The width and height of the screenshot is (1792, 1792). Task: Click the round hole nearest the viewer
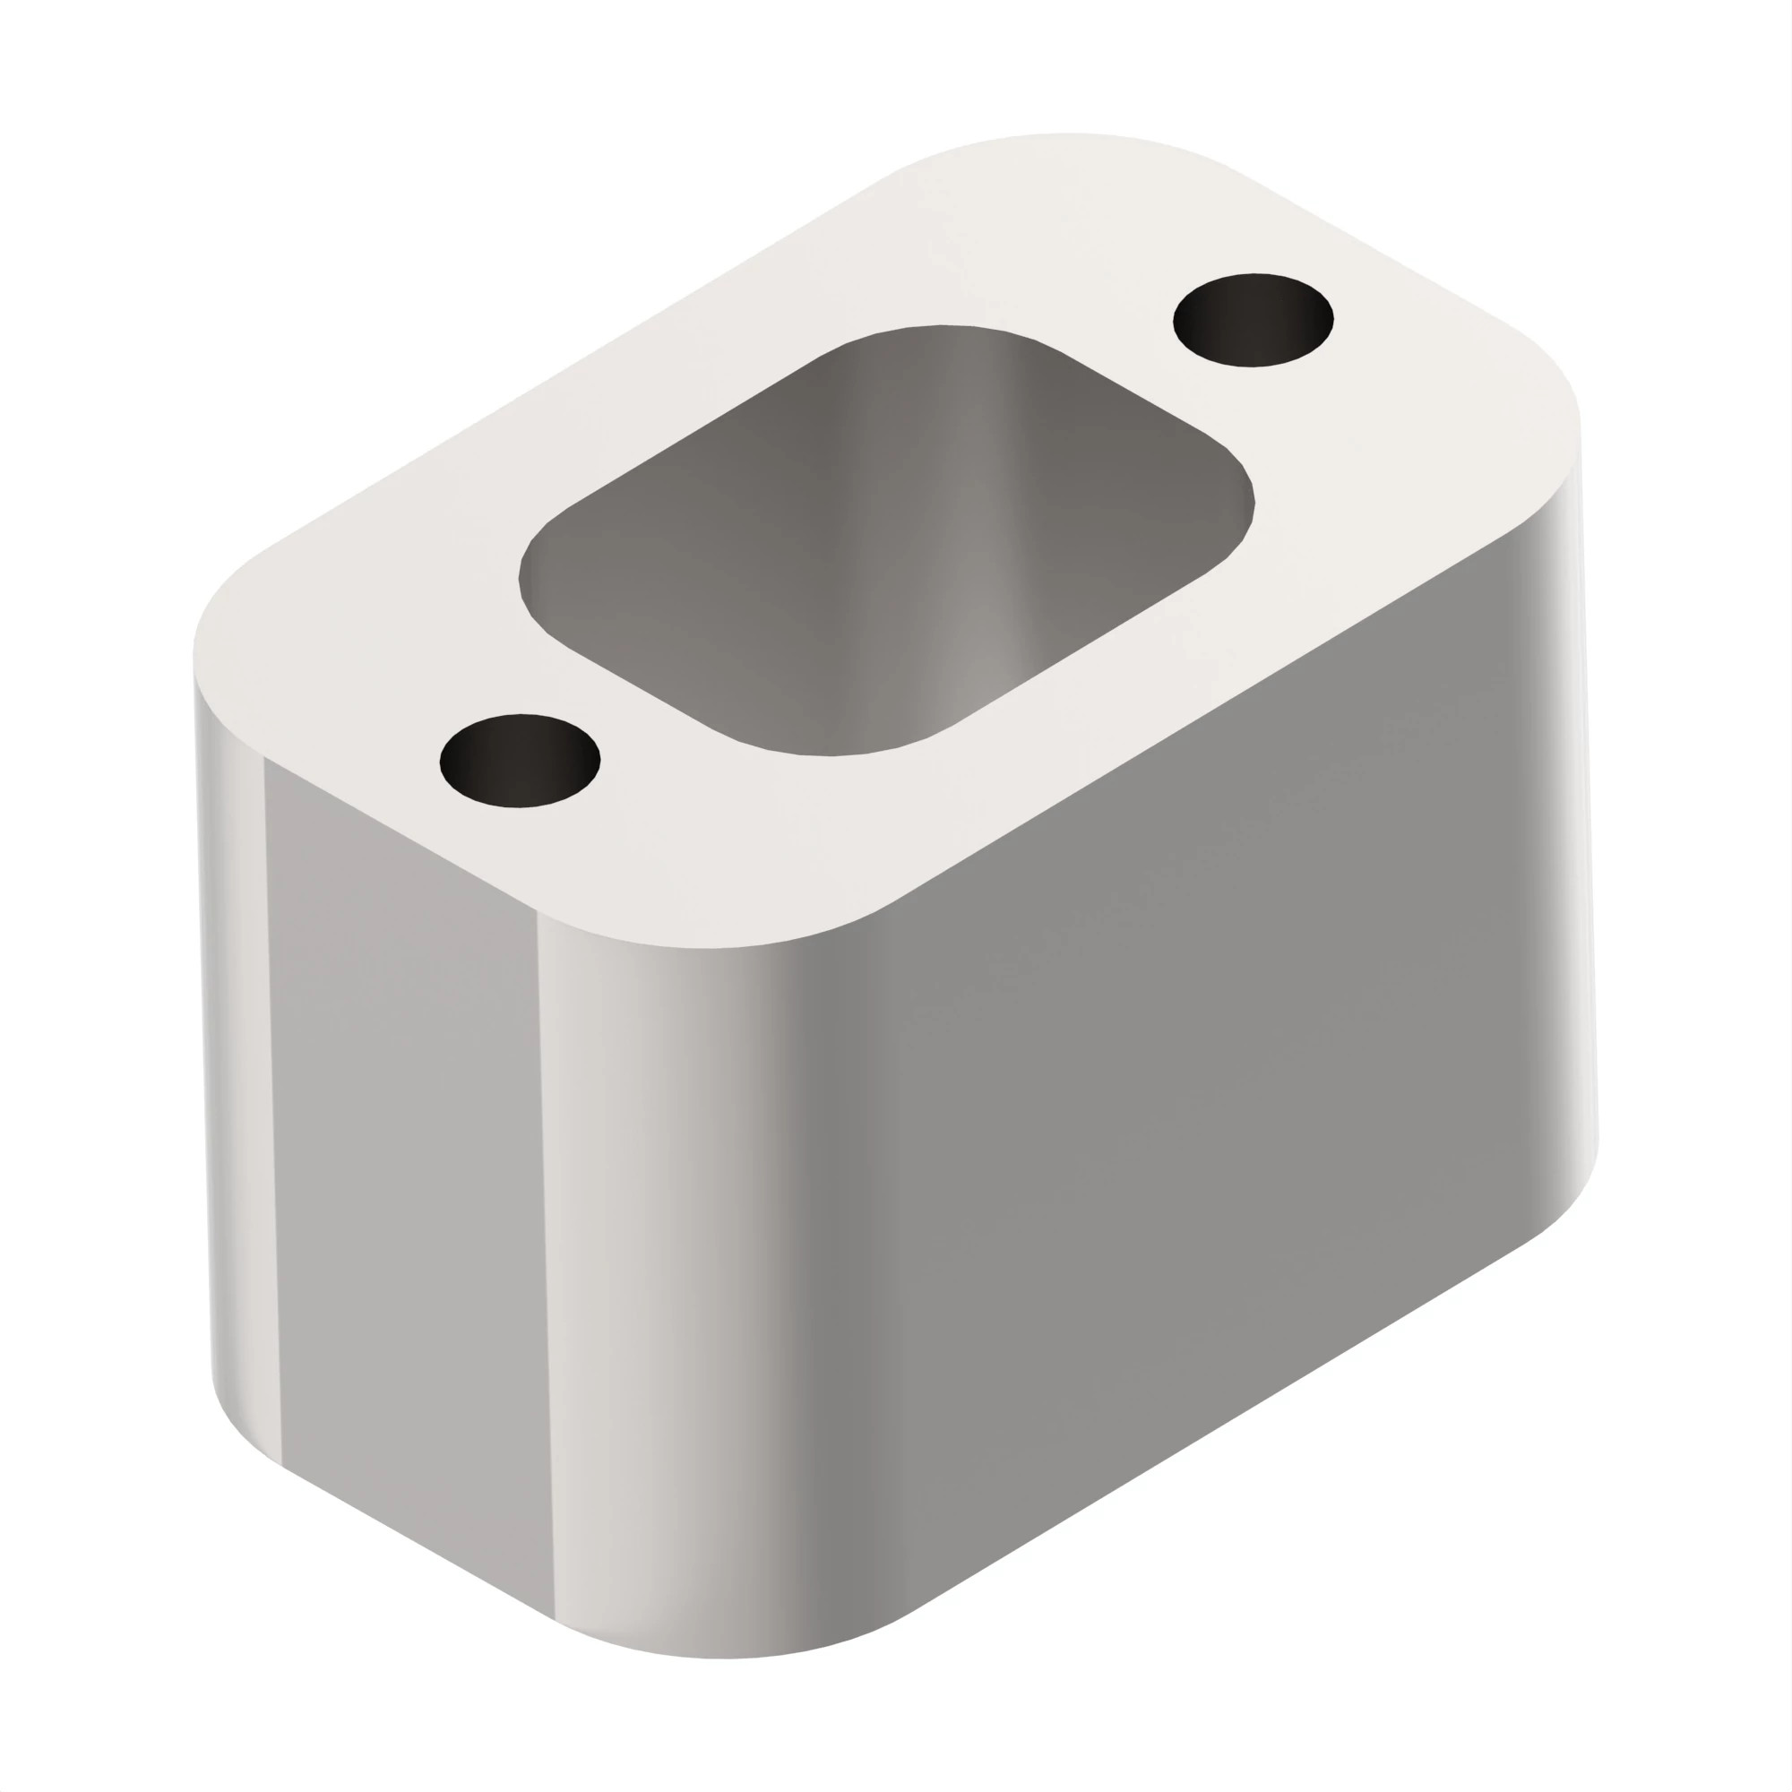[520, 761]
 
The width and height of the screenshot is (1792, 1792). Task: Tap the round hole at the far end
[1254, 320]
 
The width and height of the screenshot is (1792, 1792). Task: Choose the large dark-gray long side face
[1159, 1066]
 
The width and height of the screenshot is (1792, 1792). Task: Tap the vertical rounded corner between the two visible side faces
[668, 1298]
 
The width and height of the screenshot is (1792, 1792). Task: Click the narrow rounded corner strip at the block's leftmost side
[232, 1066]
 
